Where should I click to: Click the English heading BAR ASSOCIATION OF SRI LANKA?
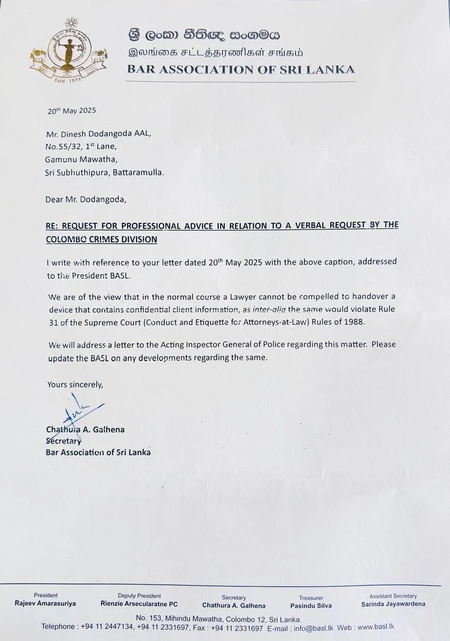pos(241,70)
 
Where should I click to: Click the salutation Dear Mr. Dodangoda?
pos(86,199)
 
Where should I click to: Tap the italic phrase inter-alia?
pos(268,309)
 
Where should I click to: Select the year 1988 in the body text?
pos(354,323)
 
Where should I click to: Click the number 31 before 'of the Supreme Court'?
pos(55,323)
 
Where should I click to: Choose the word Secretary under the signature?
pos(64,441)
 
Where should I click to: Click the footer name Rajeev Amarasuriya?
pos(46,604)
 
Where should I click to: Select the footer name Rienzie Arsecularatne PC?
pos(139,604)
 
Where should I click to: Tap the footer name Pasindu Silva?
pos(310,605)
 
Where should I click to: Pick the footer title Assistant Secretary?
pos(393,596)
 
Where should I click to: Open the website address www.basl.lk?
pos(371,627)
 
